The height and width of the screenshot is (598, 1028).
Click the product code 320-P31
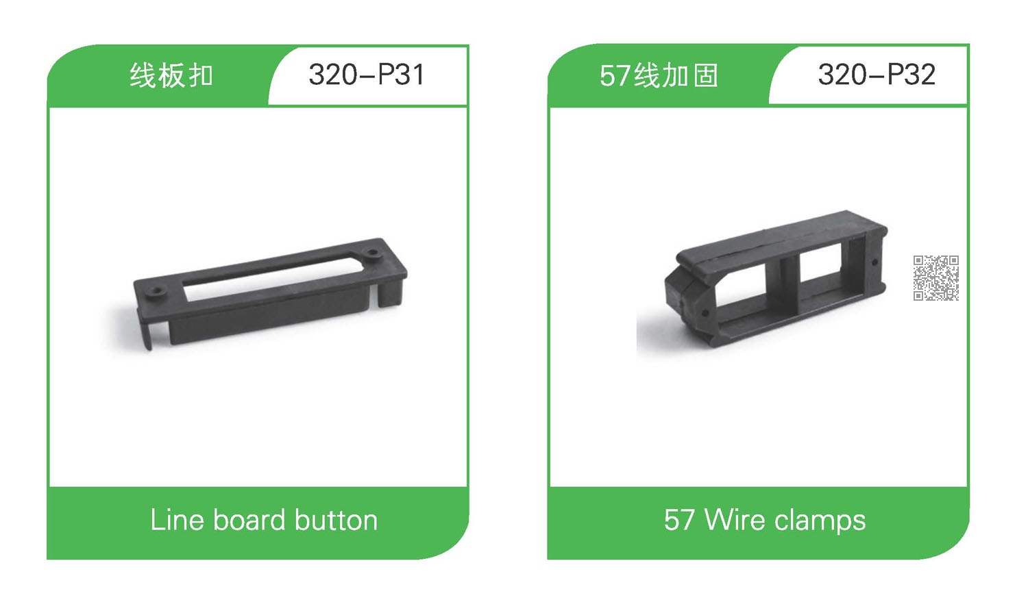367,74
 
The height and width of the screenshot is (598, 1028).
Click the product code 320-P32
876,74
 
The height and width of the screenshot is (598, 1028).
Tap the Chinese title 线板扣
171,75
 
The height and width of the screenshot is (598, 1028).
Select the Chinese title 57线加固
659,75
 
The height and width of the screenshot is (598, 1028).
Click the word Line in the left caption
177,520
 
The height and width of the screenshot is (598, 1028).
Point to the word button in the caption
336,520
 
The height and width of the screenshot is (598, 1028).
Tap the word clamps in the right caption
820,521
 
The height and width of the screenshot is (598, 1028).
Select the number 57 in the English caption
678,520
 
